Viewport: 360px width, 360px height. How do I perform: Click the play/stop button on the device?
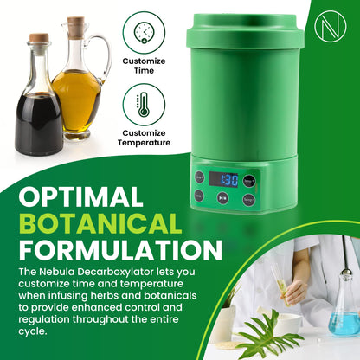tap(223, 198)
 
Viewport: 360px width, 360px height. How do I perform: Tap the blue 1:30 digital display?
tap(224, 180)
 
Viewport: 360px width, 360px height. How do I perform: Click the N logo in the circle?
tap(331, 26)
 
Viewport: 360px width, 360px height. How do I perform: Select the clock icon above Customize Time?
tap(144, 32)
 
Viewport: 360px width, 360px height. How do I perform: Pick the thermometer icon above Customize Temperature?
tap(144, 105)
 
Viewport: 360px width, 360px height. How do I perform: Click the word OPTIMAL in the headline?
tap(80, 196)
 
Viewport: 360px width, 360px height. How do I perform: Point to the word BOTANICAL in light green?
tap(102, 224)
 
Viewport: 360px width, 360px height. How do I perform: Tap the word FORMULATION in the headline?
tap(120, 251)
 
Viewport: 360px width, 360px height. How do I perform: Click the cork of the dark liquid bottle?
tap(39, 39)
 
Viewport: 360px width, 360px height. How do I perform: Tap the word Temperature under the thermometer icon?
tap(144, 143)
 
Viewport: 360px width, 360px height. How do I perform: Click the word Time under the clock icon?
tap(144, 71)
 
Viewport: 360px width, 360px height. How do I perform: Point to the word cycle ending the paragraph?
tap(33, 331)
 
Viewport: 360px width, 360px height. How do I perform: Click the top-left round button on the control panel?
tap(199, 177)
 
